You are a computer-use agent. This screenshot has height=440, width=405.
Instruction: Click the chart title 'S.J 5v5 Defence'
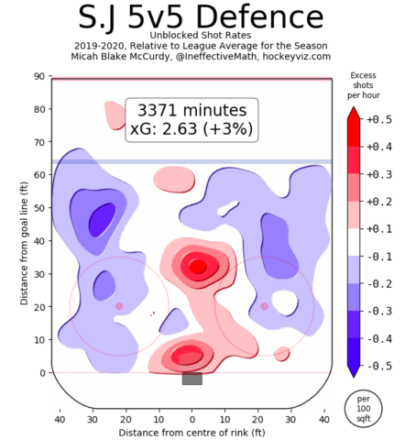[191, 17]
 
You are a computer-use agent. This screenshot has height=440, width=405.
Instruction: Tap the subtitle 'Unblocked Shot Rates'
[191, 39]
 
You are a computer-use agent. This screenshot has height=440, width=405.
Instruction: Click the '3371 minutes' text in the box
[191, 107]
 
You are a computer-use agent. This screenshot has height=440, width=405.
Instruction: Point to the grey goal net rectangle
[192, 379]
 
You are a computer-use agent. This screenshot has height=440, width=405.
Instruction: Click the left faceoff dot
[119, 306]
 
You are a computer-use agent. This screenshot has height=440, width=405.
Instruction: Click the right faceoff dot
[264, 306]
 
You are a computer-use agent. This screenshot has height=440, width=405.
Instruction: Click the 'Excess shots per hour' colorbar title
[364, 85]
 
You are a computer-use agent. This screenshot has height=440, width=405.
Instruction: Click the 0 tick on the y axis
[43, 373]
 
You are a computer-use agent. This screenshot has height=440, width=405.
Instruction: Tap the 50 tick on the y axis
[40, 208]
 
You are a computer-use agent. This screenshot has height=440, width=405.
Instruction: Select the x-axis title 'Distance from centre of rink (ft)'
[191, 431]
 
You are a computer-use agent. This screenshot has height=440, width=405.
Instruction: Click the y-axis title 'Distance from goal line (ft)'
[13, 225]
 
